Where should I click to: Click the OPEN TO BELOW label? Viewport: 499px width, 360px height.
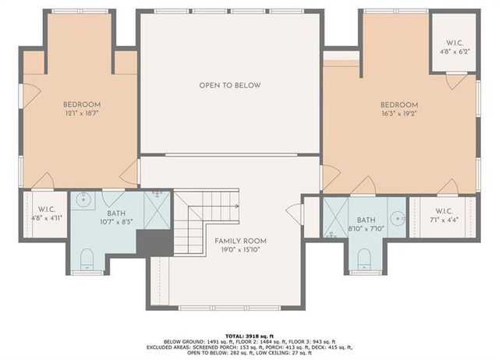(x=229, y=85)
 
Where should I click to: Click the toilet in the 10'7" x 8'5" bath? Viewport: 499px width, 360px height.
(x=87, y=259)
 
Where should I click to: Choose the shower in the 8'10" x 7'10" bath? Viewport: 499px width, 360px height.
(x=337, y=217)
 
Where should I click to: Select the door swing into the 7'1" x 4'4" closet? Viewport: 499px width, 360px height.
(x=447, y=188)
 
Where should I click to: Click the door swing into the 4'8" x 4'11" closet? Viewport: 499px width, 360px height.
(x=43, y=182)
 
